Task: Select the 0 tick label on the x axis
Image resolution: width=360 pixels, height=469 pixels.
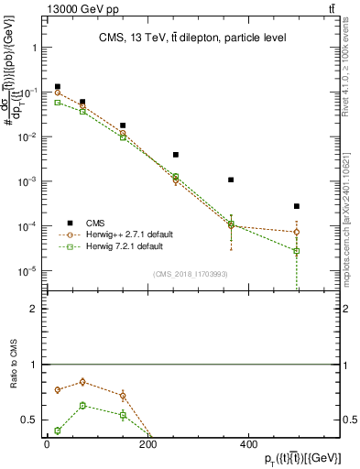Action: [47, 444]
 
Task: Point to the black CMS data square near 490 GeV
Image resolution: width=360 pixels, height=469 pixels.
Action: [297, 206]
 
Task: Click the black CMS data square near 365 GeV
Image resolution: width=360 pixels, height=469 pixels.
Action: [231, 180]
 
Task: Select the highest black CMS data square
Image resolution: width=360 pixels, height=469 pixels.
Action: [58, 87]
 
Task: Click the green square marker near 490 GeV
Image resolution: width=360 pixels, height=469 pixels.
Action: [297, 251]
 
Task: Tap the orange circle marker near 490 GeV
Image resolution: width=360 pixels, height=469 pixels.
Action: [297, 232]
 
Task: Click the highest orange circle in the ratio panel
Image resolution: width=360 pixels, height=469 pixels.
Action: [82, 382]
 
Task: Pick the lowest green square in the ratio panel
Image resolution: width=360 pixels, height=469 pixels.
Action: [58, 431]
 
